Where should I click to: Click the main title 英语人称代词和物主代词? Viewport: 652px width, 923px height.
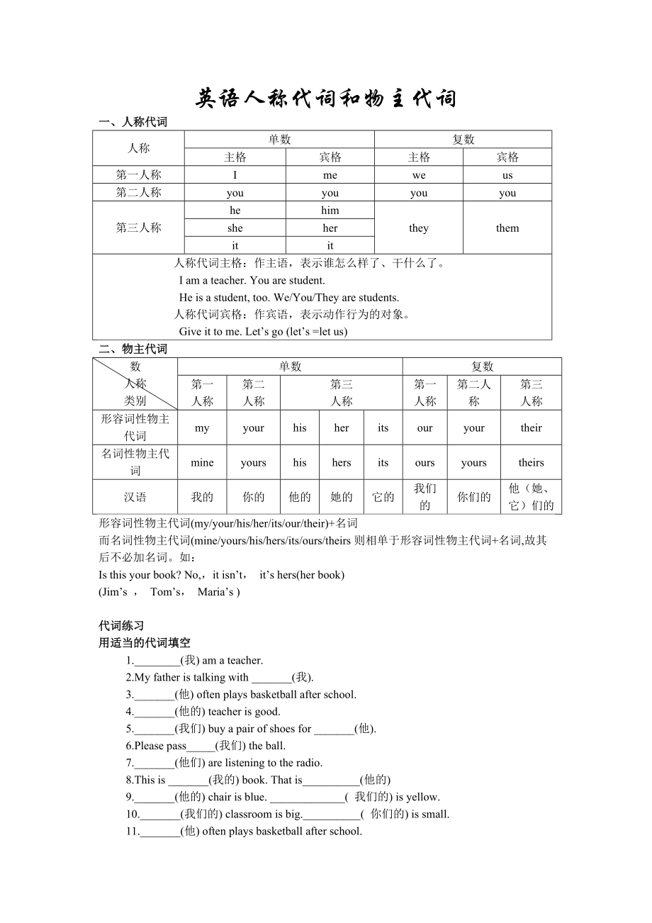[326, 99]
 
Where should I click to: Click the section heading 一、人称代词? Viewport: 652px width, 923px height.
[133, 122]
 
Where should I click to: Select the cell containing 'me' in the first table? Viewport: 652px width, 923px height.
[330, 175]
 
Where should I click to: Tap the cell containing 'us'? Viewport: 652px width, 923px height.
[507, 175]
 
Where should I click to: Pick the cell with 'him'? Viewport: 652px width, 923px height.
[330, 211]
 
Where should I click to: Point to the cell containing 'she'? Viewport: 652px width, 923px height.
[235, 228]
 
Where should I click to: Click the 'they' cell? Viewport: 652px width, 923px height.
[419, 228]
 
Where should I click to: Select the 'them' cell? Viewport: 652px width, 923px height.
[507, 228]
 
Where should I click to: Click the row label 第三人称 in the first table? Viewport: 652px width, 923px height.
[139, 228]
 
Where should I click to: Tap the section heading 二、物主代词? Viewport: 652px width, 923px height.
[133, 349]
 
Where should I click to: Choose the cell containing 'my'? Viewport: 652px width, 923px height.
[202, 427]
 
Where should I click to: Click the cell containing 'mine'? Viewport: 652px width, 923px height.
[202, 463]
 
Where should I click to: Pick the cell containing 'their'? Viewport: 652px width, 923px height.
[531, 427]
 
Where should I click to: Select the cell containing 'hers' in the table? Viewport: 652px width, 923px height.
[342, 463]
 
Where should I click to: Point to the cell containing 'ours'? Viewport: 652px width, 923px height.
[425, 463]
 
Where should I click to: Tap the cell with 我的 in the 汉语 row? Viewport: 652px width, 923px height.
[202, 497]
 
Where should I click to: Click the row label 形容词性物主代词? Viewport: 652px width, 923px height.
[135, 427]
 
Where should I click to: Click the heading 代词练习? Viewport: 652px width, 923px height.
[121, 626]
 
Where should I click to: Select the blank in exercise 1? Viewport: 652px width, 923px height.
[157, 661]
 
